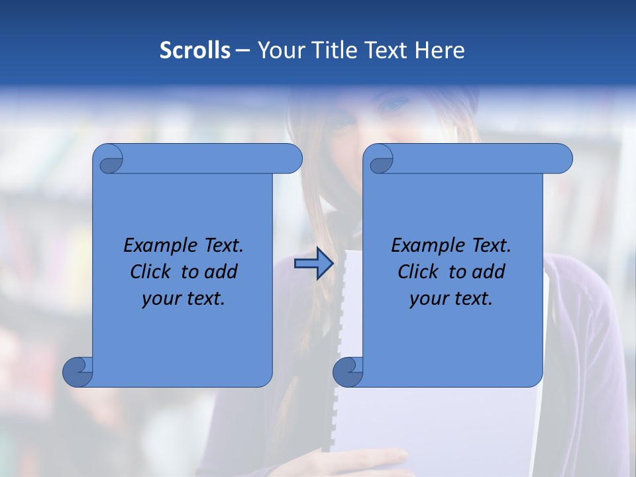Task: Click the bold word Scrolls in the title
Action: tap(195, 50)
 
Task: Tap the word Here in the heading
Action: tap(439, 50)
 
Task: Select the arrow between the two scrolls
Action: tap(313, 264)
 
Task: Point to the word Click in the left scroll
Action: tap(152, 272)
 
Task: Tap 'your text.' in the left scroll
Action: tap(183, 299)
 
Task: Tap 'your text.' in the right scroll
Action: tap(450, 299)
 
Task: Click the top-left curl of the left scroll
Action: tap(109, 159)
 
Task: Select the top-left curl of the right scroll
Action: tap(380, 159)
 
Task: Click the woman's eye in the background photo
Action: tap(396, 104)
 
